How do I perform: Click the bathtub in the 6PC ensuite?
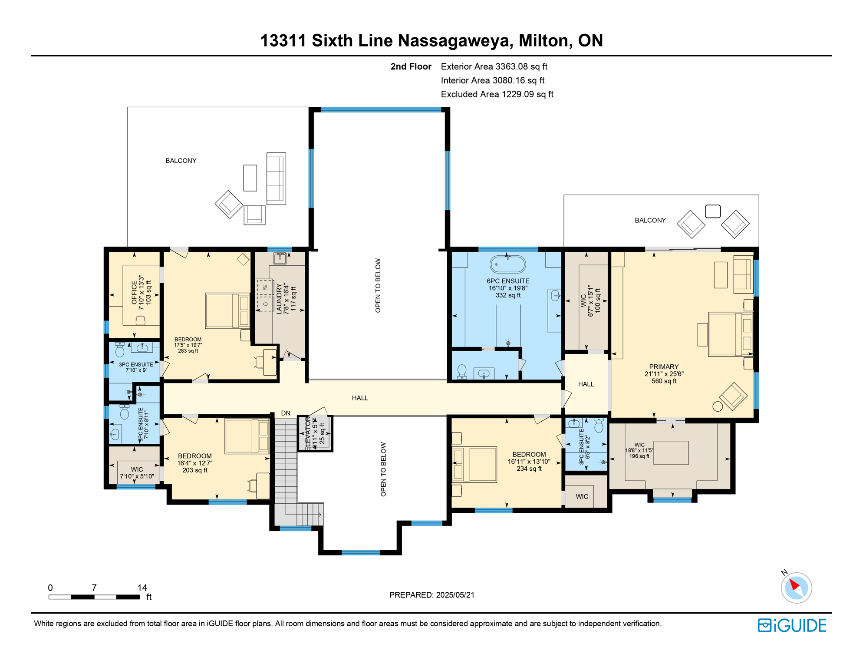point(507,264)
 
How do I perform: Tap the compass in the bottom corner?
point(796,588)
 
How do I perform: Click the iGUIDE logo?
point(792,625)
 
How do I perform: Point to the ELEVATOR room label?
point(308,433)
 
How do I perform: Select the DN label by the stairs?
point(286,413)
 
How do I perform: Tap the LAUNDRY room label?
point(279,298)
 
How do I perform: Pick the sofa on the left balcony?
point(276,178)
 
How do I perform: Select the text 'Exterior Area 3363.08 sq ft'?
point(494,66)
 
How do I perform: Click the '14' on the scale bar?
point(142,588)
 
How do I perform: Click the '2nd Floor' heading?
point(411,66)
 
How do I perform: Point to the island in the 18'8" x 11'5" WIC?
point(671,452)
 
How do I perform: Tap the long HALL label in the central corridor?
point(360,398)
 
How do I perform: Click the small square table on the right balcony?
point(713,211)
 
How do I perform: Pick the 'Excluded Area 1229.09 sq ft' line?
point(497,94)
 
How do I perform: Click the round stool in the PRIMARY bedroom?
point(718,406)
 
